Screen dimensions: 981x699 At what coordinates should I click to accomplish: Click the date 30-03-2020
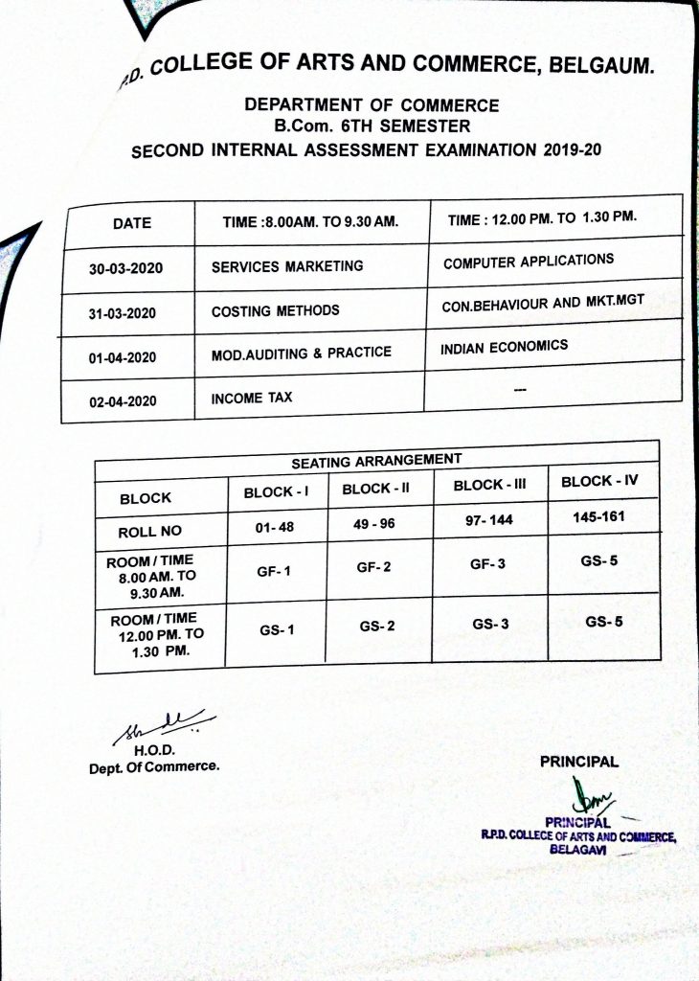126,269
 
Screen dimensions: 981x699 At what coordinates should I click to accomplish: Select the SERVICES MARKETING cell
287,266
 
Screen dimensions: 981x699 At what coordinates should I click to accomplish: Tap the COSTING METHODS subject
275,310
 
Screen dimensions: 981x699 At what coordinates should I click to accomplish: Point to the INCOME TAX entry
252,398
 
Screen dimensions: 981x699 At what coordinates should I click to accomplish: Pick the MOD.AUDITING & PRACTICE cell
301,354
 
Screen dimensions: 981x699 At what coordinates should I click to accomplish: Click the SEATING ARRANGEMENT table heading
376,461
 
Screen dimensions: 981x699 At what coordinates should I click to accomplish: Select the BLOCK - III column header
490,485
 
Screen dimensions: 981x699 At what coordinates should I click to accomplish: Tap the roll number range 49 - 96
373,524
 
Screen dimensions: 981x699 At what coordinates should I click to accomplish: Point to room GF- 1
274,572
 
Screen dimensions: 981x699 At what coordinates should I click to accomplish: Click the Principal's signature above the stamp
586,794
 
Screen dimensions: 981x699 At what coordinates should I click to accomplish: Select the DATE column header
132,223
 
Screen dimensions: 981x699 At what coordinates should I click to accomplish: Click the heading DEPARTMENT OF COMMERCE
372,105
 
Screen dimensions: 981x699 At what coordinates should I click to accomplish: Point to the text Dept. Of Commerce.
154,766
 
